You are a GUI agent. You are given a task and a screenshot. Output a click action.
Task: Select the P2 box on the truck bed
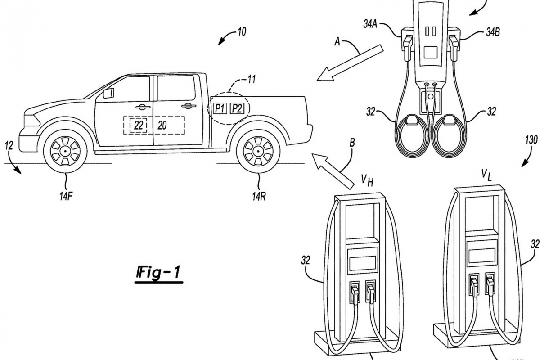[237, 108]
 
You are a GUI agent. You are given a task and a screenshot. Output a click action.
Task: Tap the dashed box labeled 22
[139, 126]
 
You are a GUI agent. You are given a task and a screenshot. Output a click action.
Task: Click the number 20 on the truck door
[162, 126]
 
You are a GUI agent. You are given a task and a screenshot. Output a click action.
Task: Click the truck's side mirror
[109, 93]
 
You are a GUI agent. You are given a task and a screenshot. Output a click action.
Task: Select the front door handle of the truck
[143, 107]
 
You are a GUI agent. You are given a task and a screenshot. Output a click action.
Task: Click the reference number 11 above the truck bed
[251, 80]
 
